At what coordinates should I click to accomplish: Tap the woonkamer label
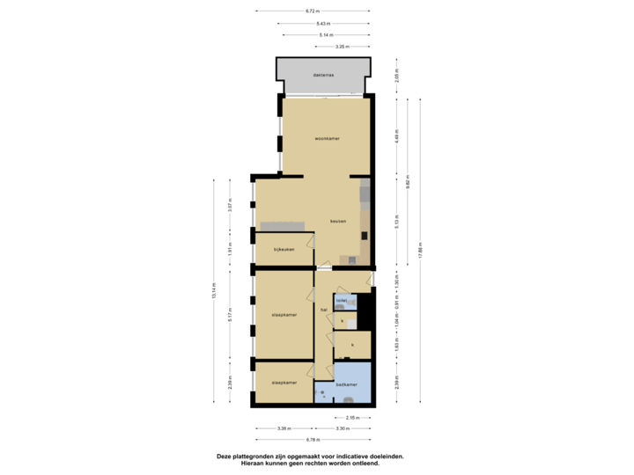coord(328,138)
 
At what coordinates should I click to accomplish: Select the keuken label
coord(338,221)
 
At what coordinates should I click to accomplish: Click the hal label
coord(324,310)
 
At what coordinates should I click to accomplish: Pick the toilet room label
coord(340,301)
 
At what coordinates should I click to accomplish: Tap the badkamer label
coord(346,384)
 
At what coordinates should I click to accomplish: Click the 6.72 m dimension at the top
coord(312,11)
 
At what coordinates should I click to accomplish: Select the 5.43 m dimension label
coord(323,23)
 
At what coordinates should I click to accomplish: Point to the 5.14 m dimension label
coord(326,34)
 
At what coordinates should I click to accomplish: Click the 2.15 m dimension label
coord(351,417)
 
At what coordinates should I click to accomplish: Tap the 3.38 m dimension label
coord(284,428)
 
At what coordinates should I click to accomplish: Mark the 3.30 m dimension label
coord(343,428)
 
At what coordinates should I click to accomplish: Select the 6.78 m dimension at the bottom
coord(312,439)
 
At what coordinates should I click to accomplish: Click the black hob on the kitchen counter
coord(352,260)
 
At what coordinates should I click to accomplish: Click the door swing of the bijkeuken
coord(310,239)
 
